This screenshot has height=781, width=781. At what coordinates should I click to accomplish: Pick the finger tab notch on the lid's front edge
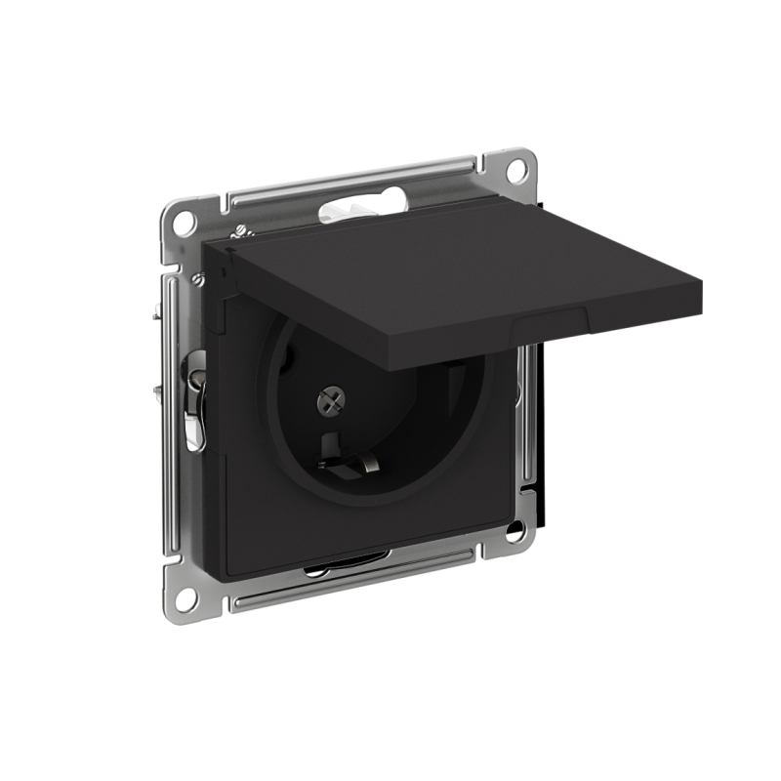[x=552, y=323]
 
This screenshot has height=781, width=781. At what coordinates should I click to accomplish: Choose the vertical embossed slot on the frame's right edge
[x=526, y=390]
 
